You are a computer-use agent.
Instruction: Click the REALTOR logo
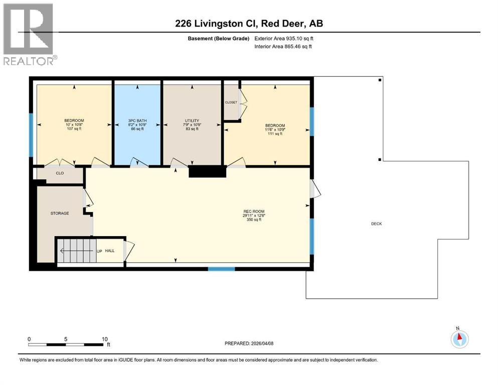[x=29, y=34]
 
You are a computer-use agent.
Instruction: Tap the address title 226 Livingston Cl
[x=248, y=24]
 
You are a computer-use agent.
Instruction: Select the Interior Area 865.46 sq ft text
[x=283, y=46]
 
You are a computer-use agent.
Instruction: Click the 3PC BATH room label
[x=136, y=121]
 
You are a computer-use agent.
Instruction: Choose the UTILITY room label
[x=192, y=121]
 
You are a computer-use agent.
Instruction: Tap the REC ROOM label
[x=253, y=212]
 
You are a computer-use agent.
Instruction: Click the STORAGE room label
[x=60, y=213]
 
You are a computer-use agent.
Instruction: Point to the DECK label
[x=376, y=224]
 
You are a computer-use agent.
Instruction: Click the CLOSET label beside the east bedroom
[x=231, y=102]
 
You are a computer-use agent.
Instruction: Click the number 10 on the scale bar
[x=104, y=339]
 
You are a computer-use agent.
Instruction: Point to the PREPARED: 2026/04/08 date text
[x=249, y=343]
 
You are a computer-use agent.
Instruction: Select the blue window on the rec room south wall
[x=221, y=269]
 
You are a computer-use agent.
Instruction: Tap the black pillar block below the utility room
[x=207, y=172]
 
